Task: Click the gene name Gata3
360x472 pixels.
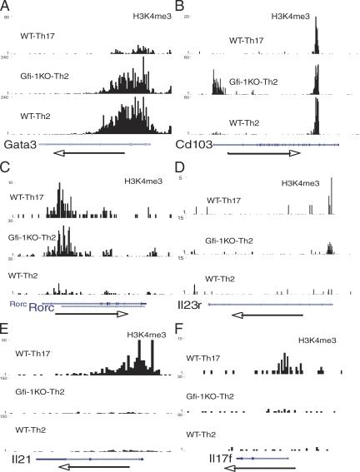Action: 18,144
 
